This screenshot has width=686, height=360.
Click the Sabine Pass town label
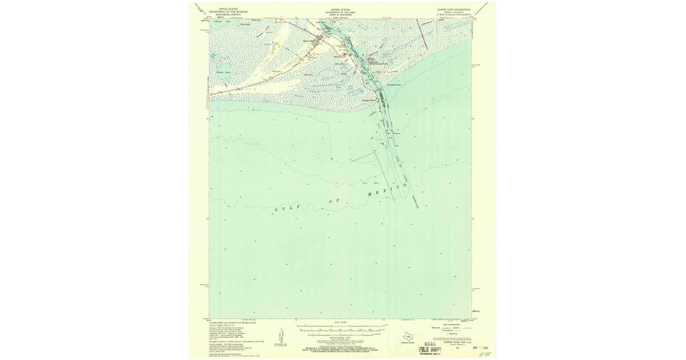(x=310, y=41)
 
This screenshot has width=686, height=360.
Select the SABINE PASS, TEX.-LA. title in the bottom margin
(x=448, y=342)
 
